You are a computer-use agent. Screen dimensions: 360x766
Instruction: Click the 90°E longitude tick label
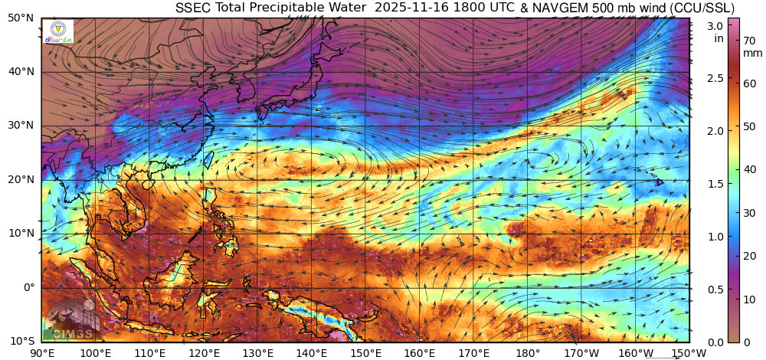click(41, 352)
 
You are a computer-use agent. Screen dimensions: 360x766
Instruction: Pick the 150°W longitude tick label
click(689, 352)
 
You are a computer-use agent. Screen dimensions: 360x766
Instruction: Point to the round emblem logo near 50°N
click(58, 28)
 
